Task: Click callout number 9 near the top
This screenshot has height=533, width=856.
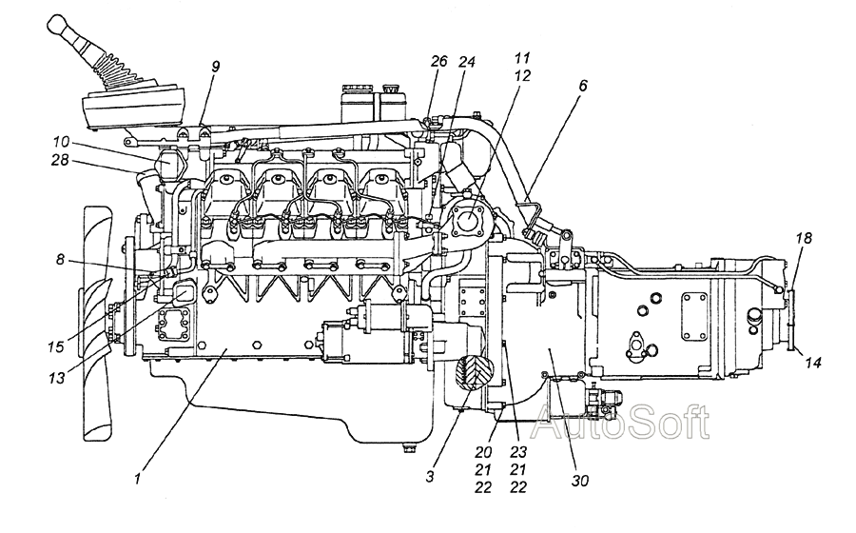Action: pos(216,67)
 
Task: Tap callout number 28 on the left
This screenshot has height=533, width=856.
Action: pos(60,161)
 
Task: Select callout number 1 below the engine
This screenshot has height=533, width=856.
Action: pos(138,479)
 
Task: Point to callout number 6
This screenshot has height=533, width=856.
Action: pos(582,86)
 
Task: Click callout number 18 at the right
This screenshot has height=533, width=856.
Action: pos(804,238)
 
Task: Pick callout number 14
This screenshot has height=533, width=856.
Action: pos(813,362)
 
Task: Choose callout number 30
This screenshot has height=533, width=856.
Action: pos(580,481)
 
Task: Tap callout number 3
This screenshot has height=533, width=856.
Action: pos(430,476)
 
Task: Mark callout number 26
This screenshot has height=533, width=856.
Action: pos(438,61)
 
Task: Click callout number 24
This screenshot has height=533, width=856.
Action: pos(467,62)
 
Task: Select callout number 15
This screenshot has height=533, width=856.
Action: pos(56,346)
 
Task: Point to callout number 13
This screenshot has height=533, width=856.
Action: pos(57,377)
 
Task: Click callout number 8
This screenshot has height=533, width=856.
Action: pos(60,260)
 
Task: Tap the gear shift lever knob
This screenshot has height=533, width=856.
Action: pos(56,24)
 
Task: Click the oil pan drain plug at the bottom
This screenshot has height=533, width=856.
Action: pos(407,448)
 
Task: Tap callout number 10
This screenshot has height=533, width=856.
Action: pos(61,142)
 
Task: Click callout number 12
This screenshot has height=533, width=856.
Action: pos(522,75)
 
